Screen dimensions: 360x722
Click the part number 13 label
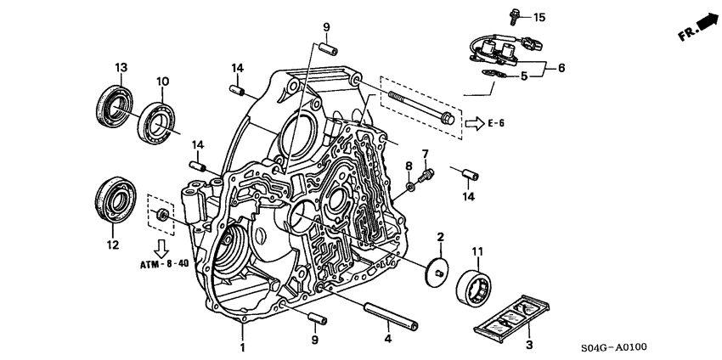tap(121, 68)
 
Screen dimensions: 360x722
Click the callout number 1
tap(242, 348)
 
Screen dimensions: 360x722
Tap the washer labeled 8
tap(410, 184)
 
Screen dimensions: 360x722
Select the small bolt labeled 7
tap(427, 173)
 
